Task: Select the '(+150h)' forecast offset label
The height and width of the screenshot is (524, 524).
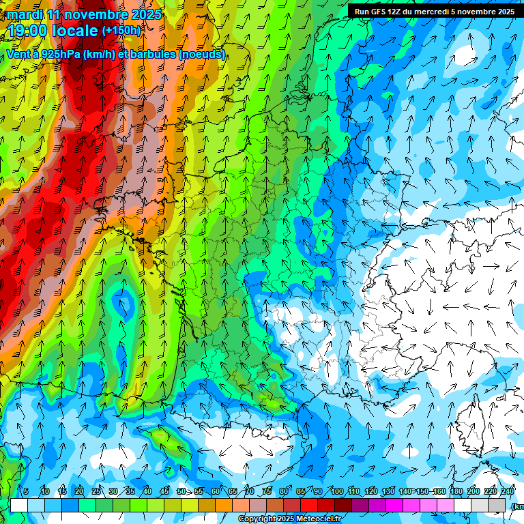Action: (x=121, y=31)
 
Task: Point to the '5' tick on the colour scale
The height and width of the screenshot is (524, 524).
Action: (x=26, y=491)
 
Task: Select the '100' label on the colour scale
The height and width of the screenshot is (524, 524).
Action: (x=336, y=491)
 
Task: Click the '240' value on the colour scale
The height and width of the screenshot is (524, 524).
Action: (x=508, y=491)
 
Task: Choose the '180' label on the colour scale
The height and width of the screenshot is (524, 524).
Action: (x=456, y=491)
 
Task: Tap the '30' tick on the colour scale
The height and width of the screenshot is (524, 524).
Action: (x=113, y=491)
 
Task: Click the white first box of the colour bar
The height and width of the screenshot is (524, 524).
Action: (x=19, y=505)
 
